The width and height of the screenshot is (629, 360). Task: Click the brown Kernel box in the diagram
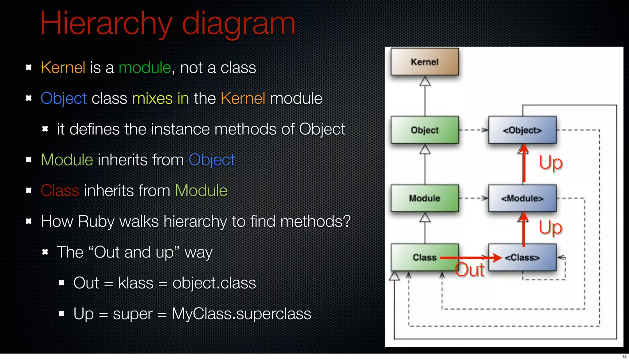[x=425, y=62]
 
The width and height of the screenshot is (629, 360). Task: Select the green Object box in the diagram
[x=425, y=130]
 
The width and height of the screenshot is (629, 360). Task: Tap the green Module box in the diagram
[x=425, y=198]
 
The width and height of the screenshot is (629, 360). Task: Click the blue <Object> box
[x=522, y=130]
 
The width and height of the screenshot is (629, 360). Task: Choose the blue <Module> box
[x=522, y=198]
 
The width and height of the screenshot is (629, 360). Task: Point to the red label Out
[x=469, y=270]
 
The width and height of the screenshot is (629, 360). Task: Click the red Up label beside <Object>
[x=551, y=163]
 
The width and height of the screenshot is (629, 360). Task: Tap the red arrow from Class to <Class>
[x=470, y=258]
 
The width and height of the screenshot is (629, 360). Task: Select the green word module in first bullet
[x=145, y=68]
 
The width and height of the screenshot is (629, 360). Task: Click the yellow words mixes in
[x=160, y=99]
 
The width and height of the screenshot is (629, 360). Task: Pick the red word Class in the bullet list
[x=60, y=191]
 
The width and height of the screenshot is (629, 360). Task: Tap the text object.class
[x=214, y=283]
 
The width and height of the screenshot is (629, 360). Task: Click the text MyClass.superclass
[x=241, y=314]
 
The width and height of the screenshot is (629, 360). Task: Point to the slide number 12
[x=624, y=356]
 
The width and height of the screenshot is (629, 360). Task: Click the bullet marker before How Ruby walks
[x=29, y=221]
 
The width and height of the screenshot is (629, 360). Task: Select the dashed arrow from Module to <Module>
[x=473, y=198]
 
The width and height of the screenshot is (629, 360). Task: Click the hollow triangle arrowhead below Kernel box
[x=425, y=81]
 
